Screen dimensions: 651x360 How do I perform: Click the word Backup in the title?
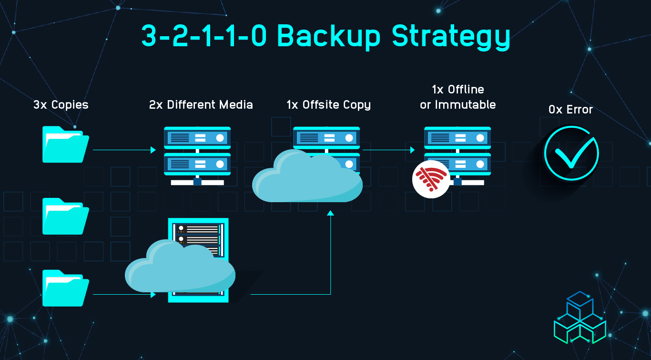tap(329, 36)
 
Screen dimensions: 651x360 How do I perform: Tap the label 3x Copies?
tap(61, 105)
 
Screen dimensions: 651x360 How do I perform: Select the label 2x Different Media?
tap(201, 105)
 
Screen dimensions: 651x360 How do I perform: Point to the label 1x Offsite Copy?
tap(329, 105)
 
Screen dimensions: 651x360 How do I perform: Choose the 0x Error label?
tap(570, 110)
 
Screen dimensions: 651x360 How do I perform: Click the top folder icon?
tap(66, 144)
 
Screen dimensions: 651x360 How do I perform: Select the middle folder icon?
tap(66, 216)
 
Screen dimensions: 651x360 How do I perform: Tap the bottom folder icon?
tap(66, 288)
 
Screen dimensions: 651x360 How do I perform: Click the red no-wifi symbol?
tap(431, 179)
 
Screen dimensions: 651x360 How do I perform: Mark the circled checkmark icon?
tap(571, 153)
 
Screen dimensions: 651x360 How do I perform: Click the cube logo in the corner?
tap(580, 318)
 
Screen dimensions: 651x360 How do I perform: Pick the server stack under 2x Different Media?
tap(197, 156)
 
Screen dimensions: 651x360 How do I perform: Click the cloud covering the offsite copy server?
tap(307, 176)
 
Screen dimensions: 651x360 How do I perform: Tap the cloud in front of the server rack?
tap(180, 266)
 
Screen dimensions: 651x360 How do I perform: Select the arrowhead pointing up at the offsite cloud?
tap(330, 213)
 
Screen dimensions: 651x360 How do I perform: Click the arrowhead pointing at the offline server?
tap(412, 150)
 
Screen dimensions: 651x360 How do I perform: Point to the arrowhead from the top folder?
tap(153, 150)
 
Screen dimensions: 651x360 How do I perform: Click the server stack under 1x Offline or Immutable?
tap(458, 156)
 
